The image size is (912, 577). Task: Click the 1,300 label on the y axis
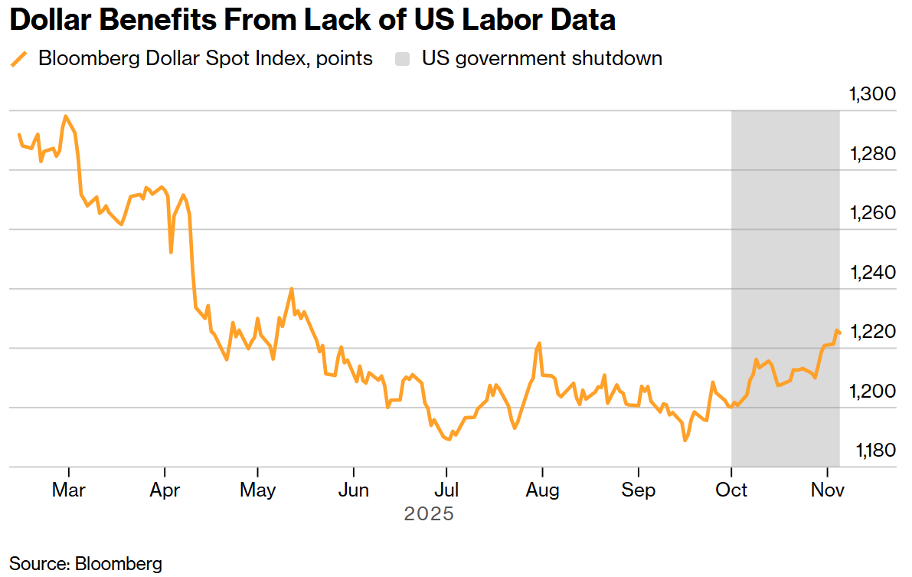[x=873, y=95]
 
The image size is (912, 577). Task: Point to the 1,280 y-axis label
[x=873, y=154]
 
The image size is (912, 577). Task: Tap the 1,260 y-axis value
[x=873, y=213]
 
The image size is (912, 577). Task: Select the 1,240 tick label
[x=873, y=273]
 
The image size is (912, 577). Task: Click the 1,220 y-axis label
[x=873, y=332]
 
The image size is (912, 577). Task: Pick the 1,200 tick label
[x=873, y=392]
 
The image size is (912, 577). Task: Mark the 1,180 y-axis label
[x=873, y=451]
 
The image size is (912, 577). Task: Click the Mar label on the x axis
[x=69, y=490]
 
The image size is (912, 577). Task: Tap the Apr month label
[x=164, y=490]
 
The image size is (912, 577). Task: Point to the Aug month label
[x=542, y=490]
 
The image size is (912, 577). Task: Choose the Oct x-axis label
[x=732, y=490]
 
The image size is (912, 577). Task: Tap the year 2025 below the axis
[x=429, y=513]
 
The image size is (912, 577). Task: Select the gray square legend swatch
[x=402, y=58]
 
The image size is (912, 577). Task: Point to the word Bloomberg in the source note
[x=119, y=564]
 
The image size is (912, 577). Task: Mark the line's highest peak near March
[x=66, y=116]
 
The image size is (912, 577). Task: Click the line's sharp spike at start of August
[x=540, y=343]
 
